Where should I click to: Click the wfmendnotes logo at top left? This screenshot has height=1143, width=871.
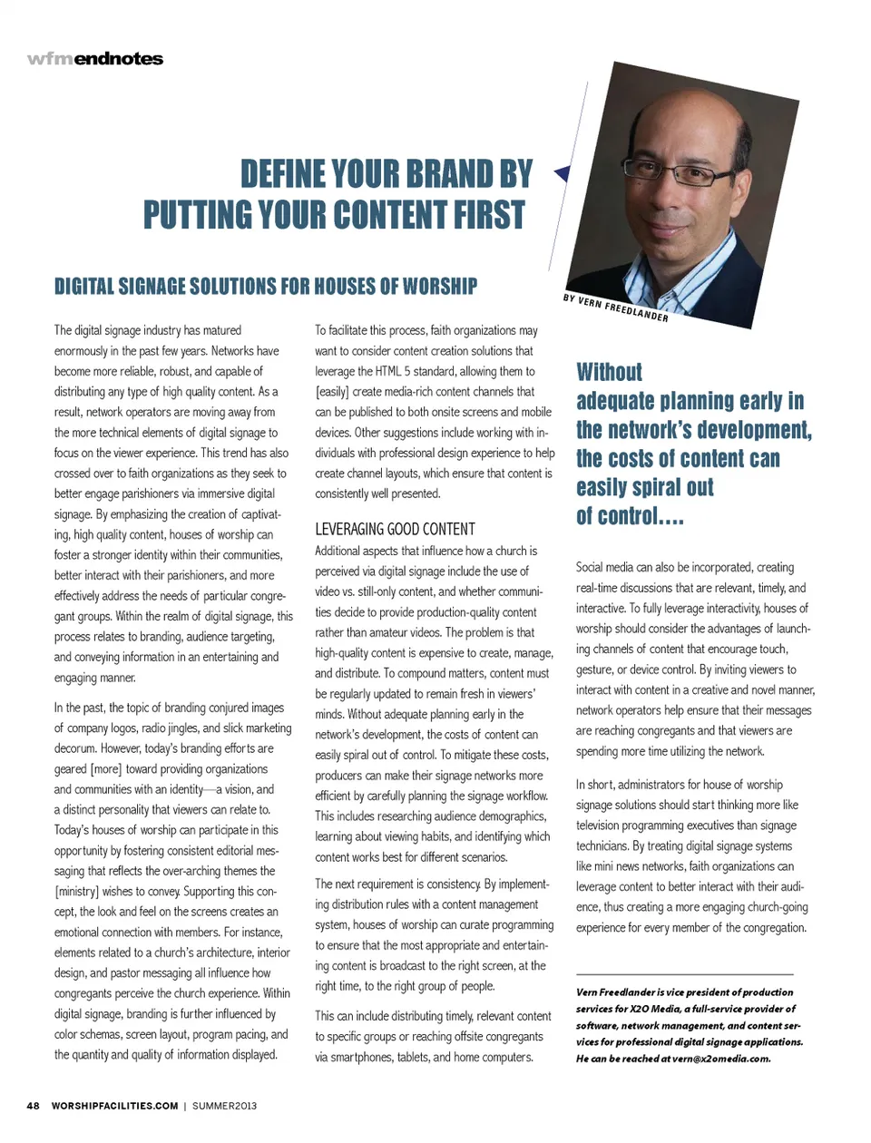pyautogui.click(x=95, y=59)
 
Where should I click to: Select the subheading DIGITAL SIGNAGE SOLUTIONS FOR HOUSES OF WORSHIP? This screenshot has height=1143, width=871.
pyautogui.click(x=266, y=287)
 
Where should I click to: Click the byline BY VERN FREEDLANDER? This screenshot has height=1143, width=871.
pyautogui.click(x=615, y=308)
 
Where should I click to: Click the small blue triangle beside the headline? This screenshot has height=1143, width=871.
pyautogui.click(x=562, y=172)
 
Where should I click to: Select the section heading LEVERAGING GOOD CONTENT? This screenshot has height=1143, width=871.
pyautogui.click(x=395, y=529)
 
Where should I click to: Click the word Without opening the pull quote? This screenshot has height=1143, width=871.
pyautogui.click(x=609, y=372)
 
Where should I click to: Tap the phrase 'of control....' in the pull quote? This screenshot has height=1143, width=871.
pyautogui.click(x=630, y=517)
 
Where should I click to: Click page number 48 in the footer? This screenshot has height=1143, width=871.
pyautogui.click(x=33, y=1106)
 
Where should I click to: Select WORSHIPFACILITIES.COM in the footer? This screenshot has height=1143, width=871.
pyautogui.click(x=114, y=1106)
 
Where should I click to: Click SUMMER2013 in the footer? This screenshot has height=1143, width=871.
pyautogui.click(x=224, y=1106)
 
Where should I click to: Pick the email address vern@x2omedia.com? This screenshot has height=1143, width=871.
pyautogui.click(x=721, y=1059)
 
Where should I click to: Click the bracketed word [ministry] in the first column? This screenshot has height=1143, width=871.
pyautogui.click(x=76, y=891)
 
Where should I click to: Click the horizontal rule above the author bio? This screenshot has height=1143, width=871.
pyautogui.click(x=690, y=972)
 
